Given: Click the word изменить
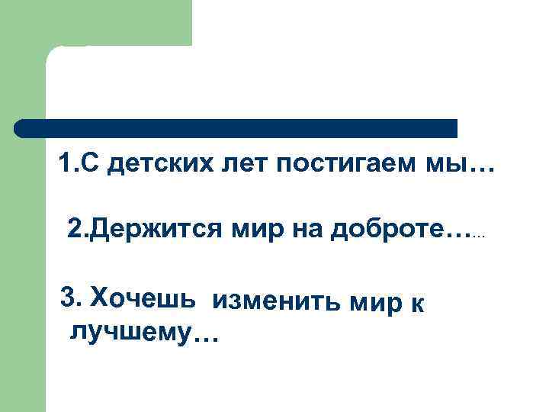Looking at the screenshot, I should click(278, 302).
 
